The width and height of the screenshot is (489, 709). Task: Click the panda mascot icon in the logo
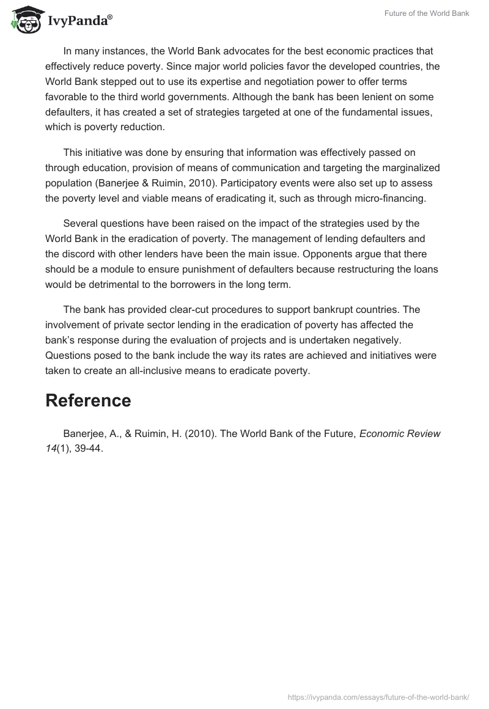[23, 20]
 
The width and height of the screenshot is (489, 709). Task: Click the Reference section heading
[88, 401]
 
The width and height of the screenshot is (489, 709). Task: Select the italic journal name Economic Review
[400, 434]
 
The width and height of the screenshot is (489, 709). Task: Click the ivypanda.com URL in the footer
[378, 696]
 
